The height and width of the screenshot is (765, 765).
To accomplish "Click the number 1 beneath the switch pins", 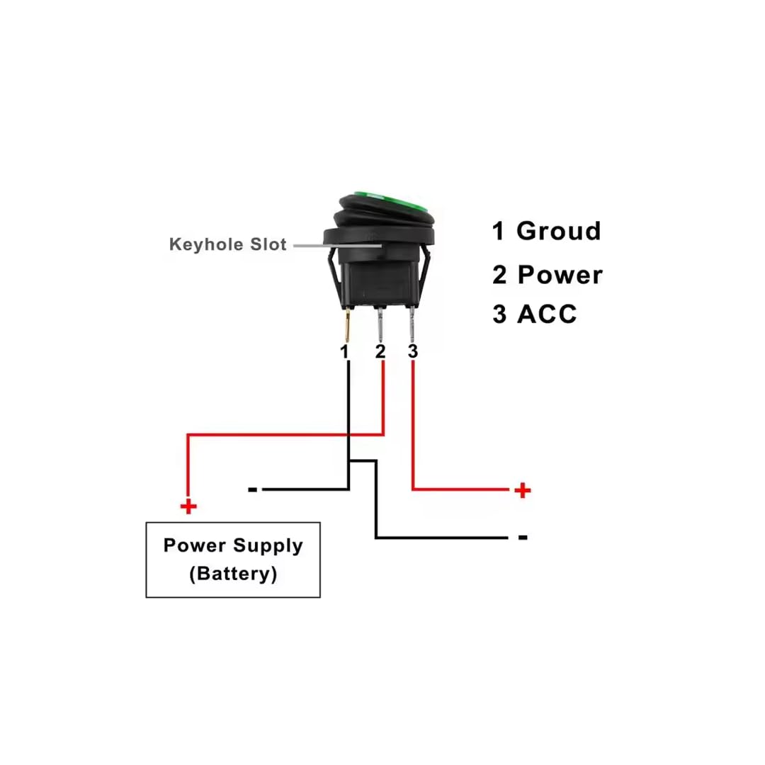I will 346,351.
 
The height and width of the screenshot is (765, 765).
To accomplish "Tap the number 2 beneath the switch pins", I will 380,351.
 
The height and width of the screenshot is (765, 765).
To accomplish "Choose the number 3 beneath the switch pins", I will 413,351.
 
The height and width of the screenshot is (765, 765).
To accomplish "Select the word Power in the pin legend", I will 560,275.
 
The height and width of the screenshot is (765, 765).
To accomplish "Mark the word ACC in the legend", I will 547,314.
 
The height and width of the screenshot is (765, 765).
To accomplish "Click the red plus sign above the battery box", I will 188,506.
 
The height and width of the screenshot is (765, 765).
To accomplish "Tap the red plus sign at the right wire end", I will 523,490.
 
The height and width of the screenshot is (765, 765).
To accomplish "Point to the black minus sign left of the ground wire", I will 253,489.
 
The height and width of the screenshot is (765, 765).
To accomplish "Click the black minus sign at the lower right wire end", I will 523,538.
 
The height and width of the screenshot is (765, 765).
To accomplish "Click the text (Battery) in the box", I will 233,574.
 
